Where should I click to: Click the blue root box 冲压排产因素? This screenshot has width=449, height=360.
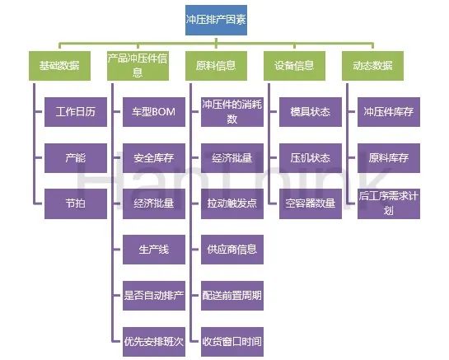coord(216,20)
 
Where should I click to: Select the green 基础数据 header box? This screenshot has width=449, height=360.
coord(59,66)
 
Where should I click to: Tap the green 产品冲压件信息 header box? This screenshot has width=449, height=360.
coord(138,66)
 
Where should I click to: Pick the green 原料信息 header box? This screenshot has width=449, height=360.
coord(216,66)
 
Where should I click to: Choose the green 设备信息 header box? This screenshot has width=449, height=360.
coord(294,66)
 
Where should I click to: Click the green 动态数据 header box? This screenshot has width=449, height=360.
coord(373,66)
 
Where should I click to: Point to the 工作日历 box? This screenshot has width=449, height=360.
coord(76,112)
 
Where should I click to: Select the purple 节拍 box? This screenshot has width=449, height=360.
coord(76,204)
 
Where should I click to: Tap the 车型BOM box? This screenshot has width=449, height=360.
coord(154,112)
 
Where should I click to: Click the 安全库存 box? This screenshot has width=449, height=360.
coord(154,158)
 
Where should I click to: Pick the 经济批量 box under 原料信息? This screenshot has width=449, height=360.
coord(232,158)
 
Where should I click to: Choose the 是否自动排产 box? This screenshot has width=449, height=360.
coord(154,296)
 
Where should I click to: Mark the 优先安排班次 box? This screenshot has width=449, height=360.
coord(154,342)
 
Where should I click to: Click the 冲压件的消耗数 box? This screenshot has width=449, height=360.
coord(232,112)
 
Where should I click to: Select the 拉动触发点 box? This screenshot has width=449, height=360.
coord(232,204)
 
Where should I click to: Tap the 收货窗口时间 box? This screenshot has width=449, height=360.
coord(232,342)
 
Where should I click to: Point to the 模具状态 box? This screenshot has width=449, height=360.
coord(311,112)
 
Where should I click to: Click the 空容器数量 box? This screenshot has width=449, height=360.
coord(311,204)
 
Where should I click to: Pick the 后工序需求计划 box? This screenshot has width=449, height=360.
coord(389,204)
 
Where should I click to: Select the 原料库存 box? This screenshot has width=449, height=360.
coord(389,158)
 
